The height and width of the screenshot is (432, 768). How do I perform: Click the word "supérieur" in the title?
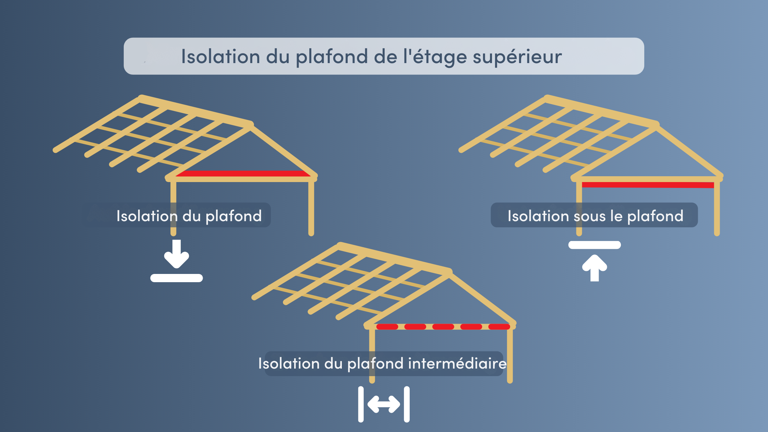point(517,57)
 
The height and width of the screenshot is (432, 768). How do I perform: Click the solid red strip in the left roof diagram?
point(243,173)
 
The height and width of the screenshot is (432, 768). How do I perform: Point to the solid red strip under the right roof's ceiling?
point(648,185)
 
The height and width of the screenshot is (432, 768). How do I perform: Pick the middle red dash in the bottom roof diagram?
point(443,327)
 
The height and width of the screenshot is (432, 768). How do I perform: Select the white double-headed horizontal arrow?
point(384,404)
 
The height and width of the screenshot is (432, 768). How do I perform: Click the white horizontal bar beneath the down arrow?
point(177,278)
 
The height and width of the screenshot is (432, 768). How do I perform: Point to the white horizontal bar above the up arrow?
point(595,245)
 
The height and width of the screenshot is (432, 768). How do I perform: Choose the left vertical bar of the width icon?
point(361,404)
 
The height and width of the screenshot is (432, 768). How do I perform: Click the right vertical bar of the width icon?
point(407,404)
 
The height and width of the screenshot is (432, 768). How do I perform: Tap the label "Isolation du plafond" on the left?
point(189,216)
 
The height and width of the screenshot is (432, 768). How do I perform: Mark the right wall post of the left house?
point(311,206)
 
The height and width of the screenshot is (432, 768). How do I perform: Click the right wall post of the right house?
point(717,206)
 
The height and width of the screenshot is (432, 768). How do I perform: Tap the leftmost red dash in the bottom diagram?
point(387,327)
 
